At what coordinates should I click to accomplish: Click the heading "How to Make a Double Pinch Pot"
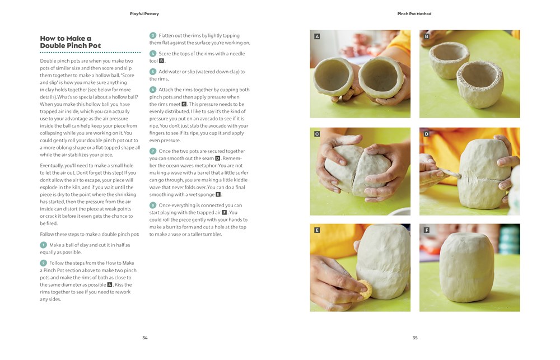pos(71,42)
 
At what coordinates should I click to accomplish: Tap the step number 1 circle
pos(43,245)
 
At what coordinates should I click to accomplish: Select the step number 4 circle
pos(153,54)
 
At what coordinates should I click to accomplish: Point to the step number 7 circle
pos(153,151)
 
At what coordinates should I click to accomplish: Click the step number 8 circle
pos(153,205)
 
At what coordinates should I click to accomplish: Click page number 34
pos(145,338)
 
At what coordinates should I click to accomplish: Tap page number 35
pos(415,338)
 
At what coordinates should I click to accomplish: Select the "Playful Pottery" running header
pos(144,13)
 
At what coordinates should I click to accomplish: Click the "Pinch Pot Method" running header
pos(414,13)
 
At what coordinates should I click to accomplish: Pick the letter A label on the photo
pos(317,36)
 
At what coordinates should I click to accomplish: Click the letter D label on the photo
pos(426,134)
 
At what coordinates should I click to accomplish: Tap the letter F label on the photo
pos(426,230)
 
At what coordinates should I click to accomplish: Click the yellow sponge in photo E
pos(366,289)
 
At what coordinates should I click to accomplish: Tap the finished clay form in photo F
pos(468,267)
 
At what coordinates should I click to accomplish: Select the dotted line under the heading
pos(90,53)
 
